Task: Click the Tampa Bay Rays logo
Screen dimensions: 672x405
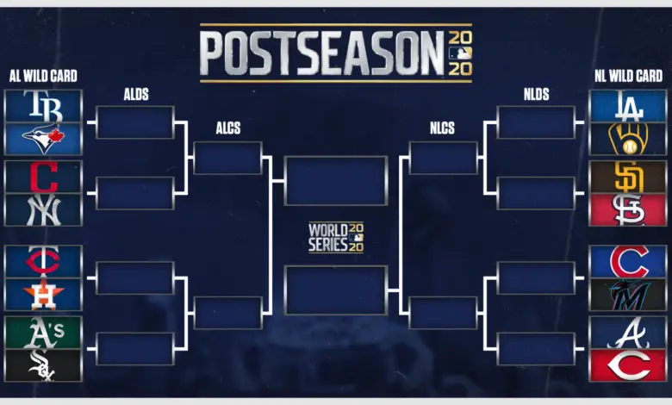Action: coord(43,106)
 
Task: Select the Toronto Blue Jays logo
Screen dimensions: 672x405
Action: coord(43,139)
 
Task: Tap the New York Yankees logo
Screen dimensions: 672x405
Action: coord(43,210)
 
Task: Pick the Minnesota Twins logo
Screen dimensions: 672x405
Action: coord(43,260)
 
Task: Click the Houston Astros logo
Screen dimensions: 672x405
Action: coord(43,294)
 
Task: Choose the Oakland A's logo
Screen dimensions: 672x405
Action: coord(43,333)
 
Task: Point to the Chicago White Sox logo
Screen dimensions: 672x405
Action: coord(41,365)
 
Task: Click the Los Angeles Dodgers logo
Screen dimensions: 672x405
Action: coord(629,106)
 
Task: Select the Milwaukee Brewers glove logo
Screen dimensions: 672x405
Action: coord(628,139)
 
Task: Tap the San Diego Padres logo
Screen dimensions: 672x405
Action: coord(629,177)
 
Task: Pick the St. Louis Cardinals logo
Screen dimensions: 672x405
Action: coord(629,210)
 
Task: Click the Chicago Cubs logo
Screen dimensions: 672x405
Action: coord(629,261)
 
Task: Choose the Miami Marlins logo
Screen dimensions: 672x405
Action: coord(629,295)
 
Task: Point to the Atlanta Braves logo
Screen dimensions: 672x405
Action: coord(629,333)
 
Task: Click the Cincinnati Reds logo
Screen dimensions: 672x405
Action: coord(629,365)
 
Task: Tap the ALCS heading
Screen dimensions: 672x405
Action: coord(228,128)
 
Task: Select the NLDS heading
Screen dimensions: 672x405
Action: coord(536,94)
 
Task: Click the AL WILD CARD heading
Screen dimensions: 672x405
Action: coord(43,77)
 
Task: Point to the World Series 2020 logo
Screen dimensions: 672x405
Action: coord(336,237)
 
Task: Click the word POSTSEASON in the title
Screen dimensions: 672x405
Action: coord(322,53)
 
